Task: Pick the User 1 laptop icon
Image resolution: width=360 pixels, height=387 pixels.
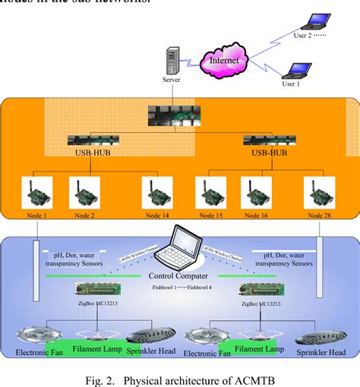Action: click(295, 71)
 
